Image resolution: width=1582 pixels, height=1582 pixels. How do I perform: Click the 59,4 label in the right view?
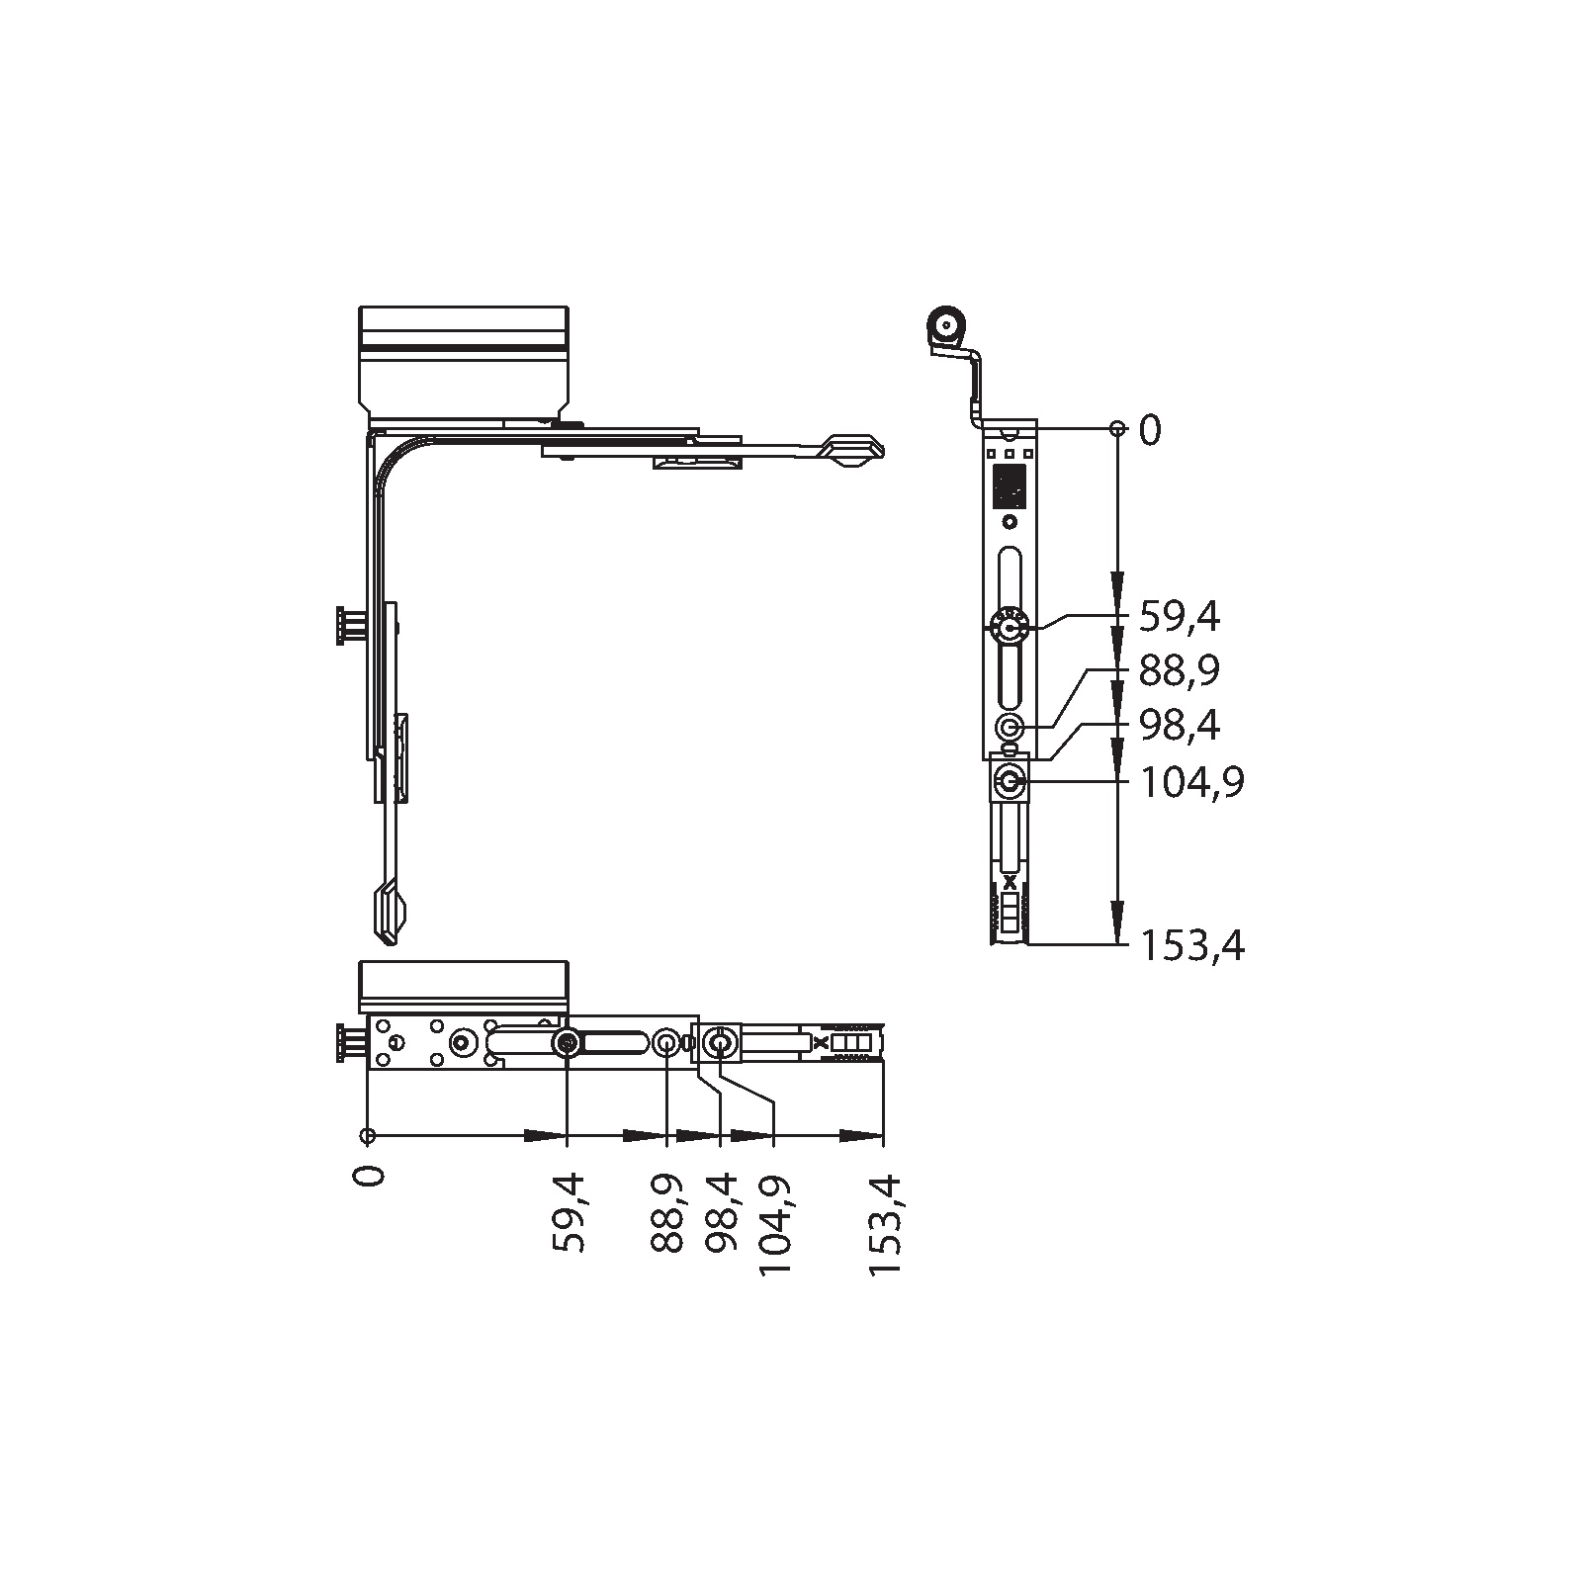tap(1180, 617)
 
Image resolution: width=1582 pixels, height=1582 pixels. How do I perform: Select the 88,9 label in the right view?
tap(1180, 671)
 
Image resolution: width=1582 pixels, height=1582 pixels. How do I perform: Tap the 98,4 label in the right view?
tap(1180, 727)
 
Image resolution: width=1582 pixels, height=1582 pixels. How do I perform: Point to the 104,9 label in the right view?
tap(1192, 783)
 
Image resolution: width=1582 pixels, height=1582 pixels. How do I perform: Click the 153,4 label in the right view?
tap(1192, 946)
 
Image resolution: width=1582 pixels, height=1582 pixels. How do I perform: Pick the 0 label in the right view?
tap(1151, 430)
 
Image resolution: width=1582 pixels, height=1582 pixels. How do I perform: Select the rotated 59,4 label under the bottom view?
tap(569, 1213)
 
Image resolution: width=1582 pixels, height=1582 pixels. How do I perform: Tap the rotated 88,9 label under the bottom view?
tap(668, 1213)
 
